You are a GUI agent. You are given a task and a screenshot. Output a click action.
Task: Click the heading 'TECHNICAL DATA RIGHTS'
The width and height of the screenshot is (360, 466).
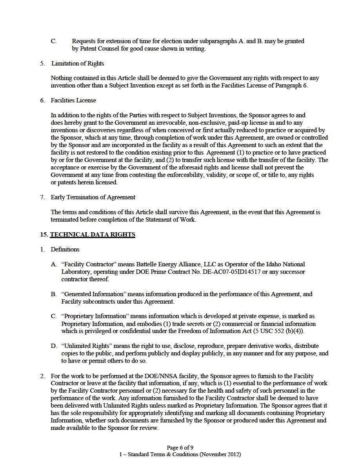[93, 235]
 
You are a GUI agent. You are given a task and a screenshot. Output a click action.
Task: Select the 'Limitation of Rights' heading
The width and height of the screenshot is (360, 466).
[77, 63]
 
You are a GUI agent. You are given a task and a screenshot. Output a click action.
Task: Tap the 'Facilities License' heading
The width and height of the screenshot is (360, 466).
[73, 100]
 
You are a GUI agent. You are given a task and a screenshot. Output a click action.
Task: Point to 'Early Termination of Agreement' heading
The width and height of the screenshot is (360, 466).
[93, 197]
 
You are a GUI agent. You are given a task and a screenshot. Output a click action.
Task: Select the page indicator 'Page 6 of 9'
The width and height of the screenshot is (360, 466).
[180, 448]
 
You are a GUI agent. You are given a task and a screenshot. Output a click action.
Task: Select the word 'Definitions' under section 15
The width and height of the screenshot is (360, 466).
[65, 249]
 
